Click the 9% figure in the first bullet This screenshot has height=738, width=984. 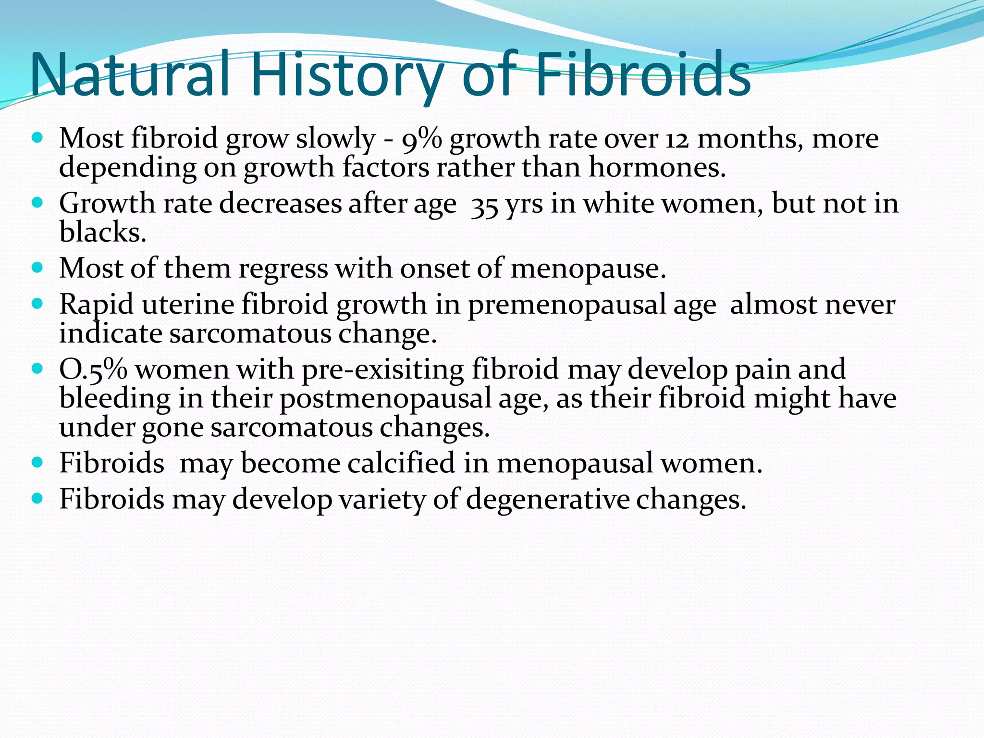421,139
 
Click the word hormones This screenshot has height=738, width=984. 657,168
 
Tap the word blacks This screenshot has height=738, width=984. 102,233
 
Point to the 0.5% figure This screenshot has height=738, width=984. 93,370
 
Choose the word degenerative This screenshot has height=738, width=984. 548,499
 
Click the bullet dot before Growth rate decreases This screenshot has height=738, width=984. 37,202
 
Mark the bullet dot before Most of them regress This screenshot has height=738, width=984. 37,267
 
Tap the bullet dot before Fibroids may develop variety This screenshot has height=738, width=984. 37,498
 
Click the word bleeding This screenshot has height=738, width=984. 115,399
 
